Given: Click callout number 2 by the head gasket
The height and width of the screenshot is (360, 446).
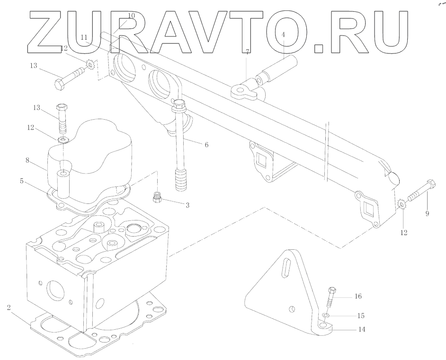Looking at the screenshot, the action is tap(9, 308).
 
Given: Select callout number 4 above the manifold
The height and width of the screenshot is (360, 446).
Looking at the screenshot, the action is tap(283, 35).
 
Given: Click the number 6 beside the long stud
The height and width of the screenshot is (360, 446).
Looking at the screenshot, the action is tap(206, 145).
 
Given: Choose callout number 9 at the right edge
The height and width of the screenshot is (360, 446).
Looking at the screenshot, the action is tap(427, 214).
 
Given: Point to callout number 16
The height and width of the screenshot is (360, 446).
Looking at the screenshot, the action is tap(358, 297).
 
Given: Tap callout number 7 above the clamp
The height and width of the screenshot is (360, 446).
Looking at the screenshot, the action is tap(247, 51).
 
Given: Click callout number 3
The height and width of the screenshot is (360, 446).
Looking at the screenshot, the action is tap(187, 205).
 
